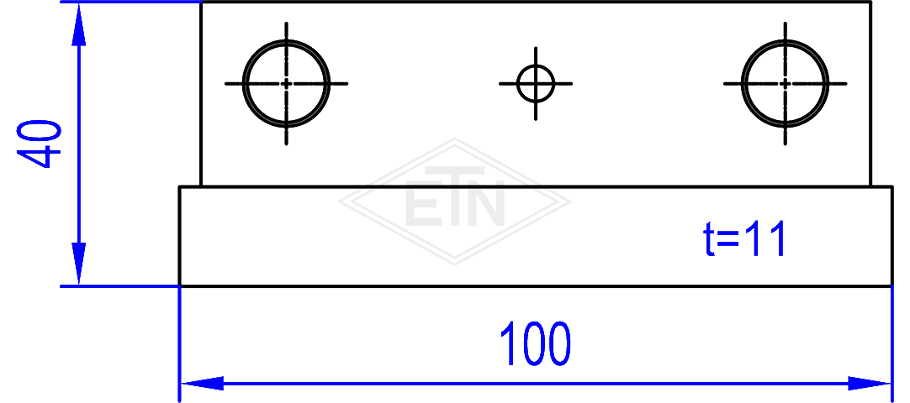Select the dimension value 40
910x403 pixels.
point(39,144)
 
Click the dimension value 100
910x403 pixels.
point(535,344)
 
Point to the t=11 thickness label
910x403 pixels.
point(744,238)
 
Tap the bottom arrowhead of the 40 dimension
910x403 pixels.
point(79,264)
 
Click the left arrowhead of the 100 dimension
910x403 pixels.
point(203,384)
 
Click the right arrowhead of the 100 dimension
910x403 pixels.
point(869,384)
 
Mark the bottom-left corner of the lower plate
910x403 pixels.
point(180,285)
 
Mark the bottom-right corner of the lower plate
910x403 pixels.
point(891,285)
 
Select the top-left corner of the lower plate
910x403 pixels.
point(180,187)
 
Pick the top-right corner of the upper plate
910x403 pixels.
point(871,3)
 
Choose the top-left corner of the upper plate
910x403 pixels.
point(201,3)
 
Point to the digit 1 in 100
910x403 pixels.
point(509,344)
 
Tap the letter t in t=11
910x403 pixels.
point(708,238)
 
